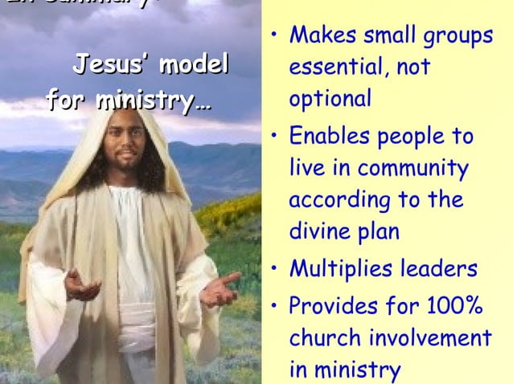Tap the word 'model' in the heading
click(192, 64)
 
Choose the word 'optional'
click(330, 100)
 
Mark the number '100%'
click(453, 306)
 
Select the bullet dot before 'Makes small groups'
click(274, 37)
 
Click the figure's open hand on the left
click(81, 284)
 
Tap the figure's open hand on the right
click(222, 288)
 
